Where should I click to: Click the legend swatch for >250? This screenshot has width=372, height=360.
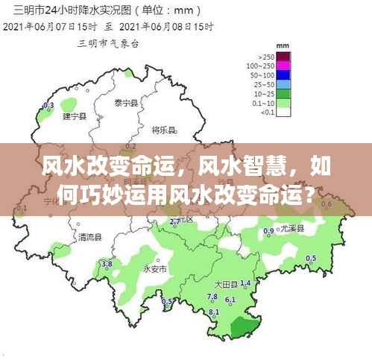[x=284, y=57]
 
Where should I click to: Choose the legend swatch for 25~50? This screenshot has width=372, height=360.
[x=284, y=84]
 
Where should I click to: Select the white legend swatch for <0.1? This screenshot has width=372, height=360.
[x=284, y=112]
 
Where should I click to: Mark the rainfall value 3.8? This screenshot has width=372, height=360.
[x=107, y=264]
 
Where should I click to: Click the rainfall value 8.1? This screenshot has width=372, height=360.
[x=214, y=311]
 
